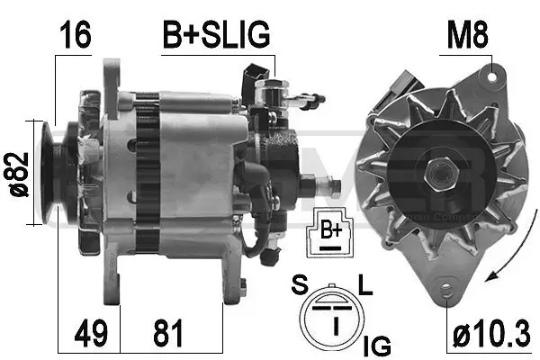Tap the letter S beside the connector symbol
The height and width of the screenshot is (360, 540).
click(x=300, y=286)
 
